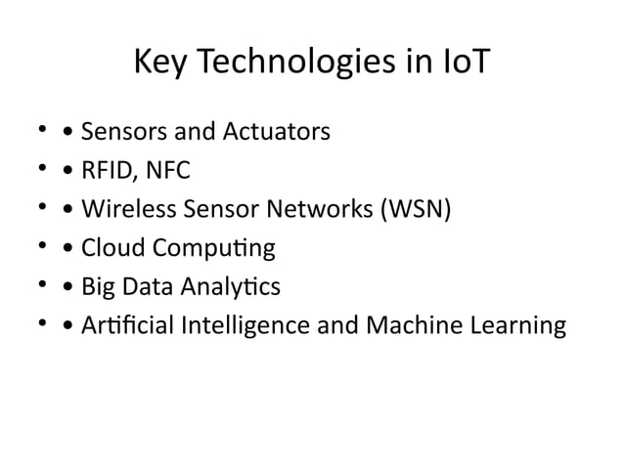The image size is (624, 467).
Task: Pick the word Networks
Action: click(316, 209)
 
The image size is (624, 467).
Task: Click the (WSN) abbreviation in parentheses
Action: click(410, 209)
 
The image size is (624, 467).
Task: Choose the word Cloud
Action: click(110, 248)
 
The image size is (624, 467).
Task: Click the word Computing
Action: click(211, 249)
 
